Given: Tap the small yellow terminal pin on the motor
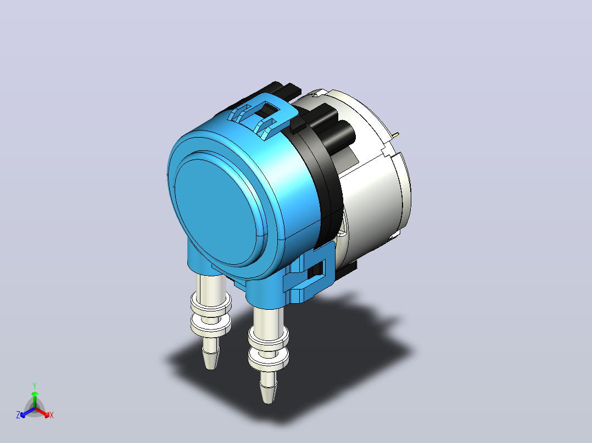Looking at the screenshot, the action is click(395, 134).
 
